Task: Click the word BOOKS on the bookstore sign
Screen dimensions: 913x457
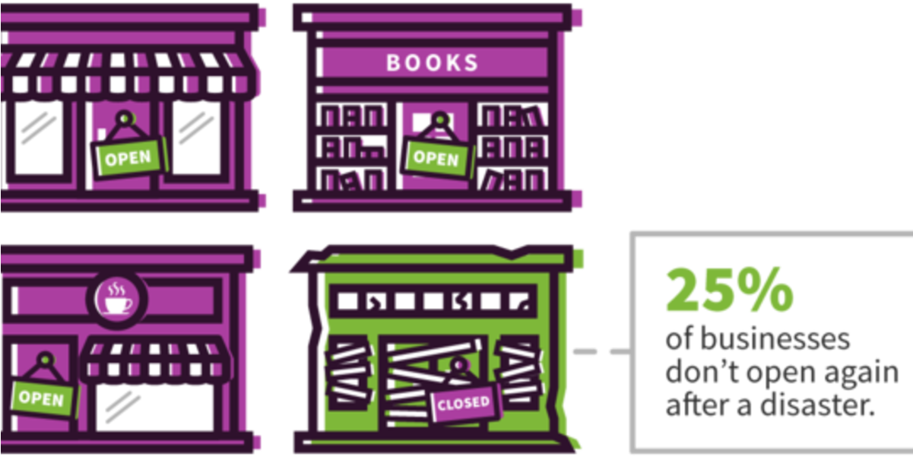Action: click(x=432, y=62)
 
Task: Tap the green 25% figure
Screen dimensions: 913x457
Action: click(x=730, y=290)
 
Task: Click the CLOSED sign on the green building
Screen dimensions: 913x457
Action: click(x=464, y=403)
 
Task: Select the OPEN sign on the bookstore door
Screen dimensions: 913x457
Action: click(x=436, y=157)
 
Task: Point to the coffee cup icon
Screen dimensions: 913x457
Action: click(x=117, y=300)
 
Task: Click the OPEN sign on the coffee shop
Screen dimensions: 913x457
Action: click(x=42, y=398)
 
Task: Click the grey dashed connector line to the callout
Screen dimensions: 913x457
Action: click(x=602, y=351)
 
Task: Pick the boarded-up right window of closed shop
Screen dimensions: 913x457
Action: click(x=519, y=372)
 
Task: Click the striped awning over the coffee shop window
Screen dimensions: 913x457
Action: click(x=155, y=359)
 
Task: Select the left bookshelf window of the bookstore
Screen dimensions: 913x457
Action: click(x=352, y=146)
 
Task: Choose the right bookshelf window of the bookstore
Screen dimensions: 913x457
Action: click(x=512, y=146)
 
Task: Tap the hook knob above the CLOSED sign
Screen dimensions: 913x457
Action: click(x=459, y=364)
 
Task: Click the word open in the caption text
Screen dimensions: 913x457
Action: click(x=781, y=374)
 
